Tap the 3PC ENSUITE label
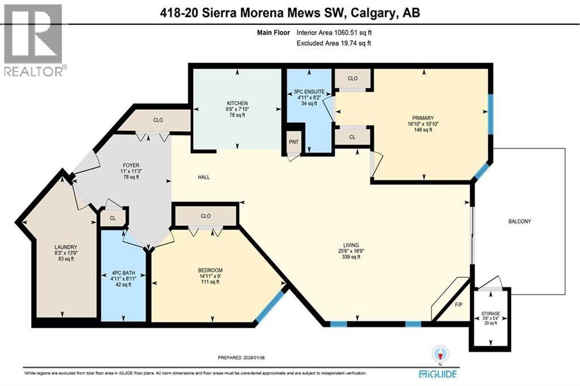309,91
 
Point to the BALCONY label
519,221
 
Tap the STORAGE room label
491,313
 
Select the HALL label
204,177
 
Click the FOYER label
131,166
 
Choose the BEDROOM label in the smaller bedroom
210,270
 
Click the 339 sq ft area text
351,257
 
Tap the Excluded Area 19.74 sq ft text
334,43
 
